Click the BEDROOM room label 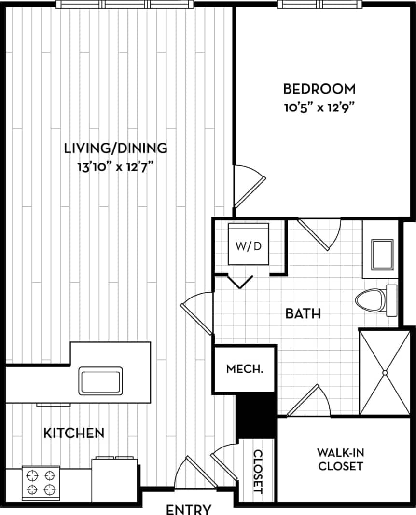pyautogui.click(x=319, y=89)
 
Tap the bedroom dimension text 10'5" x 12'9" pyautogui.click(x=319, y=107)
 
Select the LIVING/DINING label pyautogui.click(x=116, y=148)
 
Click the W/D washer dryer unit pyautogui.click(x=248, y=245)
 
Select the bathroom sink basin pyautogui.click(x=382, y=254)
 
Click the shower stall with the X pyautogui.click(x=385, y=372)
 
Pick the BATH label pyautogui.click(x=303, y=314)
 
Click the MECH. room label pyautogui.click(x=245, y=370)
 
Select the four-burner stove pyautogui.click(x=41, y=483)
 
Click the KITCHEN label pyautogui.click(x=74, y=433)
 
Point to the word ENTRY pyautogui.click(x=189, y=509)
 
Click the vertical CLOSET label pyautogui.click(x=257, y=472)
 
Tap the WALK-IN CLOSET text pyautogui.click(x=340, y=459)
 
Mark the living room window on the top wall pyautogui.click(x=125, y=4)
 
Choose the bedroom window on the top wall pyautogui.click(x=319, y=4)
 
